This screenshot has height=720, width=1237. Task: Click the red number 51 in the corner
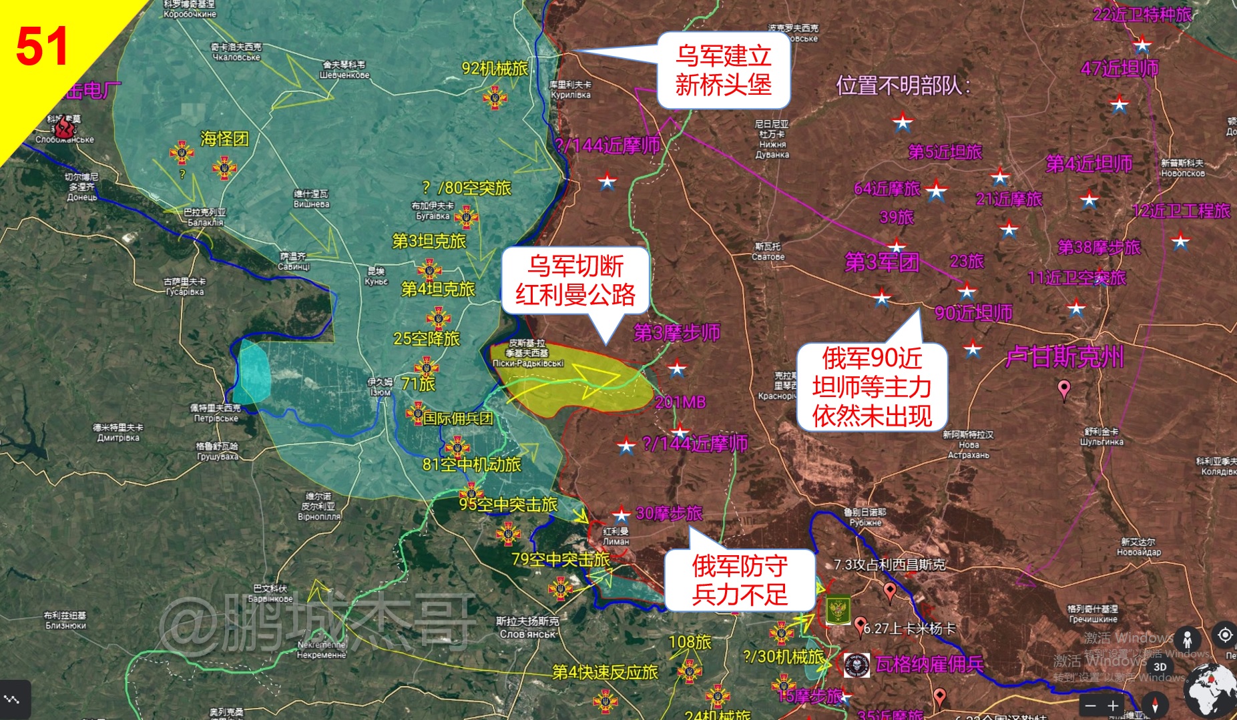41,47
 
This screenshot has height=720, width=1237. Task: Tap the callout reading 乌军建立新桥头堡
723,70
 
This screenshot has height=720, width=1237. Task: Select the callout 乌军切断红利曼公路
575,280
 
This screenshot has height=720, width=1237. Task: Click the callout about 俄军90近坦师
872,387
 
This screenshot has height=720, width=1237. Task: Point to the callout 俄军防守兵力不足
740,580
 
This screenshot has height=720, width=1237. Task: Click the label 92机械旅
495,69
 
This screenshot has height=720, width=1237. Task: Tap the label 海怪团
224,139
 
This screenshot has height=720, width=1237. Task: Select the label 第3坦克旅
429,242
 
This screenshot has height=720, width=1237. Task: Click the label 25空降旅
427,339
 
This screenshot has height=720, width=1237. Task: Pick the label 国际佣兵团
458,418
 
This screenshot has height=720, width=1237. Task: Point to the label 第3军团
881,262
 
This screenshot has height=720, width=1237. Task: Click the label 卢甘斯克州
1064,357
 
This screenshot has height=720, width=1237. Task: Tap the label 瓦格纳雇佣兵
929,665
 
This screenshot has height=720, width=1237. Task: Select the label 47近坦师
1120,68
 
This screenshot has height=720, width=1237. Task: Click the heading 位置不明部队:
903,85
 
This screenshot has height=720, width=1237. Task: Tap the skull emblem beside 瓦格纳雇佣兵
856,665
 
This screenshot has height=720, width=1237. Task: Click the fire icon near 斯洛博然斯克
64,127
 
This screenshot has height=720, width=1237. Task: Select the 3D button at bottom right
1160,667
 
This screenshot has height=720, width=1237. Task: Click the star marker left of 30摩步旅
622,514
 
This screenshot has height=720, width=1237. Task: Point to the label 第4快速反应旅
605,673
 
